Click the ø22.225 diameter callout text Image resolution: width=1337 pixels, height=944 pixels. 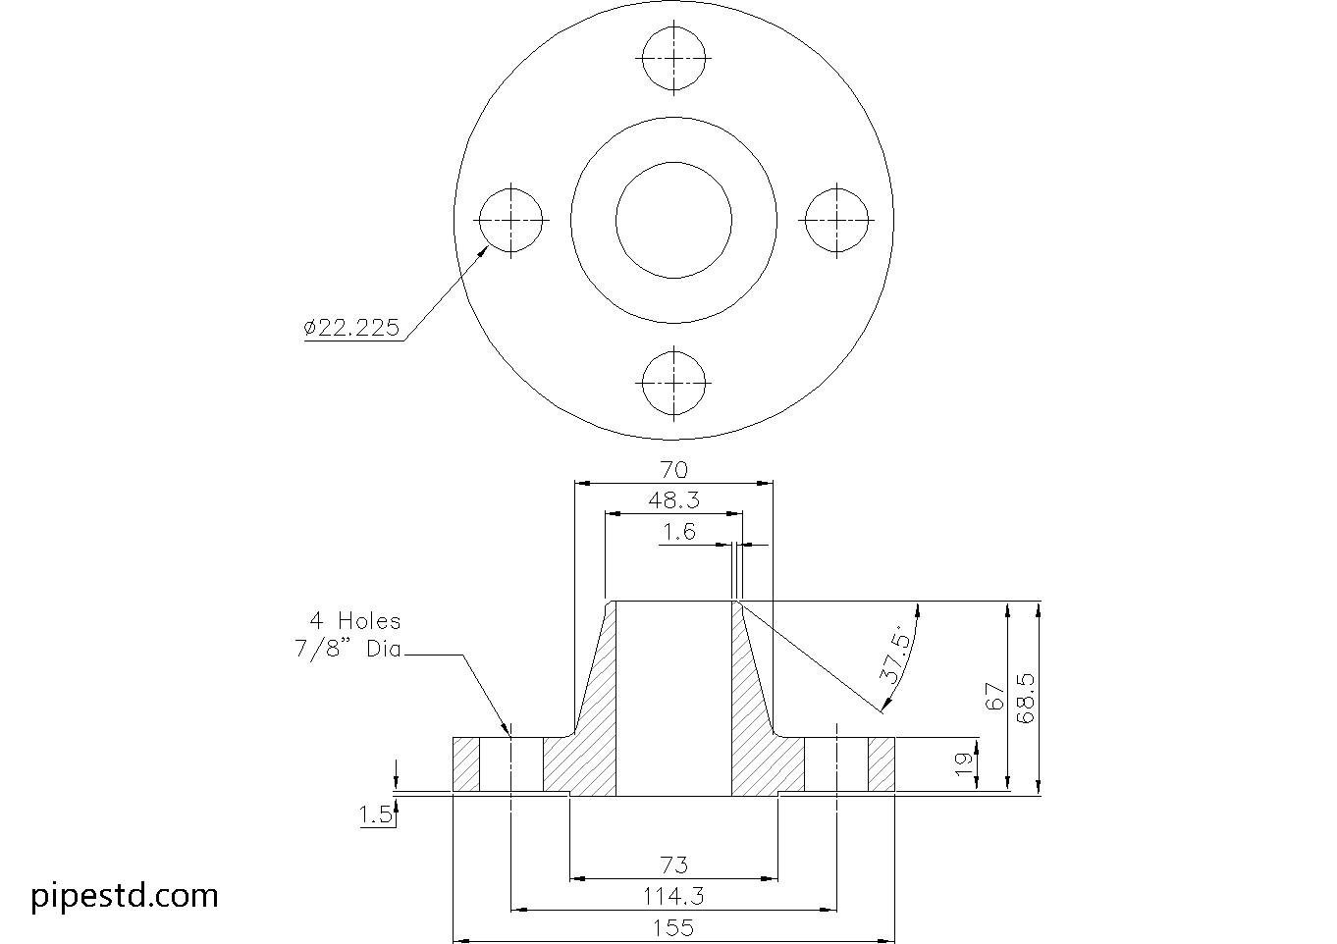pyautogui.click(x=351, y=329)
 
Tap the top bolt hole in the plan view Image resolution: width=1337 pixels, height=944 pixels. pyautogui.click(x=673, y=57)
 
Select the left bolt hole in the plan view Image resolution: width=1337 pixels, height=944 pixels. pyautogui.click(x=511, y=220)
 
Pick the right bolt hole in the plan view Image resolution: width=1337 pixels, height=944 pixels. pyautogui.click(x=836, y=220)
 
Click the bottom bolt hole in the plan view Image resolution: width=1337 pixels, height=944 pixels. pyautogui.click(x=673, y=382)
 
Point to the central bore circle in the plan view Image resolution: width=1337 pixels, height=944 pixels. pyautogui.click(x=673, y=220)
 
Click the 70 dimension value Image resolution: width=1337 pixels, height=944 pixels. pyautogui.click(x=673, y=470)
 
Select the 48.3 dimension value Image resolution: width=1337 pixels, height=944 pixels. pyautogui.click(x=673, y=500)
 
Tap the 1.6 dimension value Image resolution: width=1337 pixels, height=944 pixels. pyautogui.click(x=678, y=532)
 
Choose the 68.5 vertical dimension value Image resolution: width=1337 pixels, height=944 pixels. pyautogui.click(x=1027, y=697)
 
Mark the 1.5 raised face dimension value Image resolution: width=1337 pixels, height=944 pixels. pyautogui.click(x=375, y=813)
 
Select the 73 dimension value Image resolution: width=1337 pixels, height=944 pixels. pyautogui.click(x=673, y=865)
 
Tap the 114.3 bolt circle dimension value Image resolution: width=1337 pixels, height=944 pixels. pyautogui.click(x=673, y=896)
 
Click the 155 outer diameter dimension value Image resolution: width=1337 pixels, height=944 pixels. pyautogui.click(x=673, y=927)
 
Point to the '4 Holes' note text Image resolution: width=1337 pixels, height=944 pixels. pyautogui.click(x=355, y=620)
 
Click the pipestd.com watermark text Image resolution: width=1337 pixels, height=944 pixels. pyautogui.click(x=125, y=896)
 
